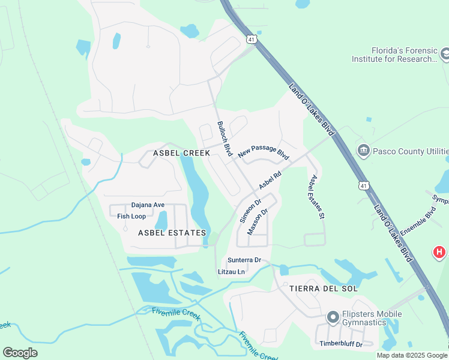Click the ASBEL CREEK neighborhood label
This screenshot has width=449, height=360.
coord(181,153)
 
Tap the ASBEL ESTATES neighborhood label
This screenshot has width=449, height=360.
coord(172,232)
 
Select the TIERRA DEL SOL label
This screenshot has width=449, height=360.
coord(324,289)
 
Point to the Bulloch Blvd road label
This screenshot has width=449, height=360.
coord(224,139)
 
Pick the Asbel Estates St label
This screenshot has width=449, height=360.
coord(317,196)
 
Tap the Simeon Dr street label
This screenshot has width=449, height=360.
coord(250,211)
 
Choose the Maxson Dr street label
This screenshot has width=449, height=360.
coord(257,222)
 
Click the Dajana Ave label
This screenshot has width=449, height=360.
coord(148,205)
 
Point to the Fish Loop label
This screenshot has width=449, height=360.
coord(131,216)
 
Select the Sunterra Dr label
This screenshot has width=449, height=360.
coord(244,260)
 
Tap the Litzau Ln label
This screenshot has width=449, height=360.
coord(232,272)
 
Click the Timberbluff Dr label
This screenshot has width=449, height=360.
coord(341,344)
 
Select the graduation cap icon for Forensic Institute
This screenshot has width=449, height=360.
coord(445,55)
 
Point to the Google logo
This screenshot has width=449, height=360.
coord(20,353)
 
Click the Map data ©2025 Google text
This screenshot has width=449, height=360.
coord(412,355)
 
